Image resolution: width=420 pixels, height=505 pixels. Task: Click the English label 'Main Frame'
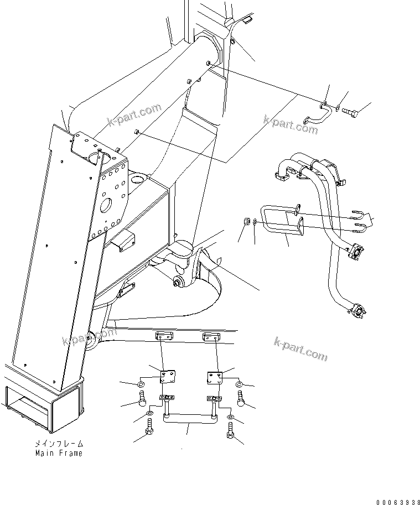(59, 453)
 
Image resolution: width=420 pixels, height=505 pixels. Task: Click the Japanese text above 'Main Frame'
(59, 444)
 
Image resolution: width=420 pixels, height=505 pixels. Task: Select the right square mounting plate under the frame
(215, 378)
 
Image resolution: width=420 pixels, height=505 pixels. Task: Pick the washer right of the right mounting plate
(239, 384)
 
